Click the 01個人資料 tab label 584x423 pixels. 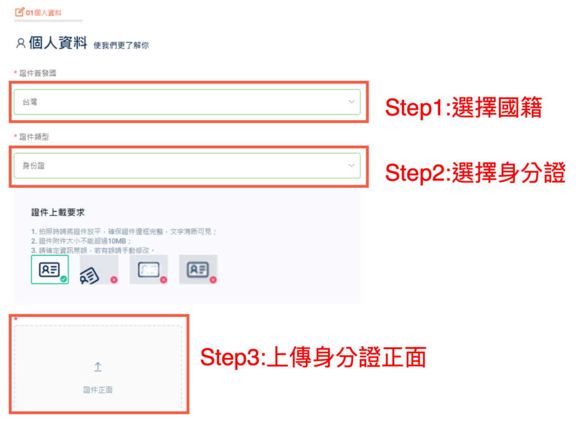43,13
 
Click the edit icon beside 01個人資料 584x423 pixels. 19,13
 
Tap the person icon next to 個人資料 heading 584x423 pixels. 21,43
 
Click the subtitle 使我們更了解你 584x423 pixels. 121,46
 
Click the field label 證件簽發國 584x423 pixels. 38,73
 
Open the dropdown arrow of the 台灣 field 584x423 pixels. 351,102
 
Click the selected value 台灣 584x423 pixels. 30,102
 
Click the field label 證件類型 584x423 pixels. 34,137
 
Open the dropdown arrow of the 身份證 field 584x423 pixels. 351,166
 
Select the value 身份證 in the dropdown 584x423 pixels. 34,166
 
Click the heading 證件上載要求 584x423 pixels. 58,212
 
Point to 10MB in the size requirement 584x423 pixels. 116,241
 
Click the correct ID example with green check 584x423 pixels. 50,269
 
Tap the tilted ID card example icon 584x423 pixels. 90,276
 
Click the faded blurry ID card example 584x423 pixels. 149,269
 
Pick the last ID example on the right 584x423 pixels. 198,269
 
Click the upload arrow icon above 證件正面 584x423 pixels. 98,367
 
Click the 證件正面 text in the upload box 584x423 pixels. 98,390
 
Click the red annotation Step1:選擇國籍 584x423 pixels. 464,108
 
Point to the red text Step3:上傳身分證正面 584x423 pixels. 313,357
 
